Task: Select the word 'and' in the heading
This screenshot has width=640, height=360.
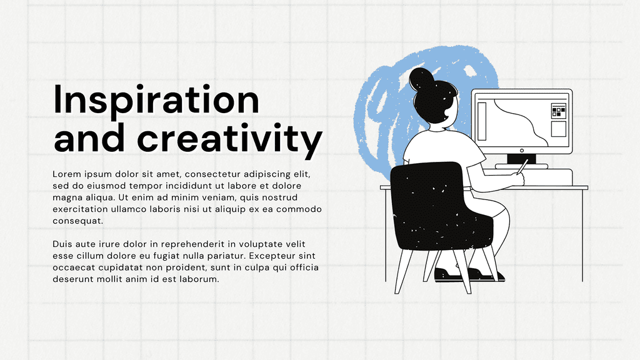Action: tap(89, 137)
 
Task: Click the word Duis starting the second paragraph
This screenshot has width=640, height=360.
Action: tap(62, 244)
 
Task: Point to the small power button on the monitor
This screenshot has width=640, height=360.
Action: tap(522, 151)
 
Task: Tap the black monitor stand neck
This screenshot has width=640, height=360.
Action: tap(521, 159)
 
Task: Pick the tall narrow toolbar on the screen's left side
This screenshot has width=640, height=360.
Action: tap(482, 121)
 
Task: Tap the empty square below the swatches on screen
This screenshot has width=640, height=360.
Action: tap(558, 129)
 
